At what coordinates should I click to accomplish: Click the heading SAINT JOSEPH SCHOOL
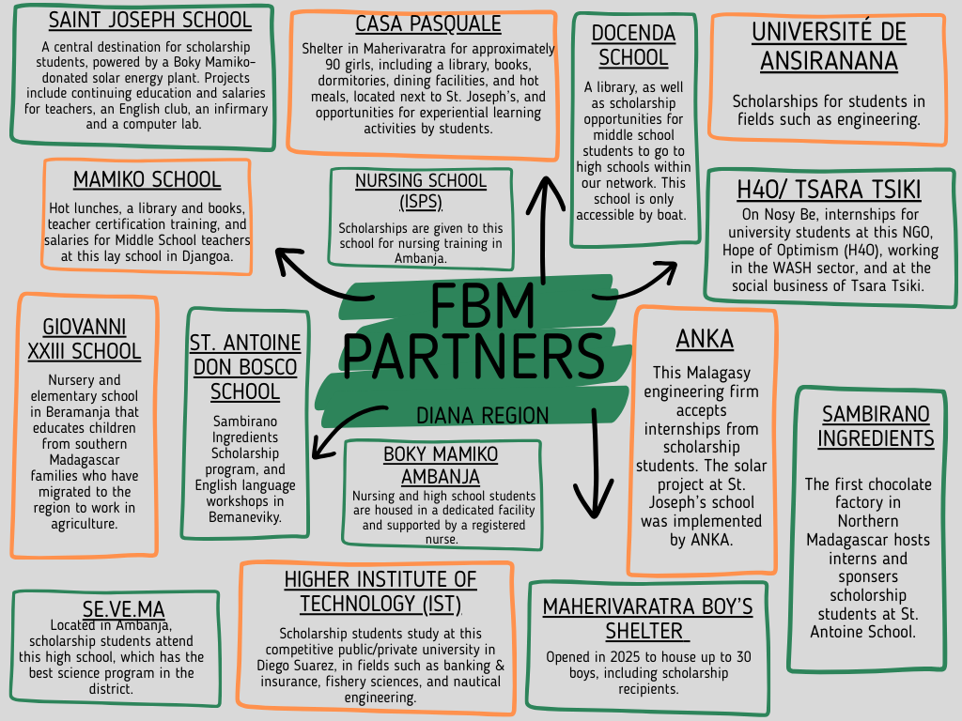coord(149,20)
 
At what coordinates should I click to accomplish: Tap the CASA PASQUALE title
coord(414,23)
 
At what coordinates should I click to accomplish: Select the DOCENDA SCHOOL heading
coord(633,45)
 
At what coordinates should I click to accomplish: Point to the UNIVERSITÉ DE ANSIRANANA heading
coord(829,46)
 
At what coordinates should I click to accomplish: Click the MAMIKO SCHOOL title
coord(147,179)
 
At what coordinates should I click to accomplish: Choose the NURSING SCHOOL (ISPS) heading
coord(420,191)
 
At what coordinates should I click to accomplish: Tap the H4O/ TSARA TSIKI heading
coord(829,190)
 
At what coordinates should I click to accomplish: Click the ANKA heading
coord(705,339)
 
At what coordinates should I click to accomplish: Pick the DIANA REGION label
coord(482,416)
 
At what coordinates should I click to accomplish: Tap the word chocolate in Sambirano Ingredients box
coord(896,484)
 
